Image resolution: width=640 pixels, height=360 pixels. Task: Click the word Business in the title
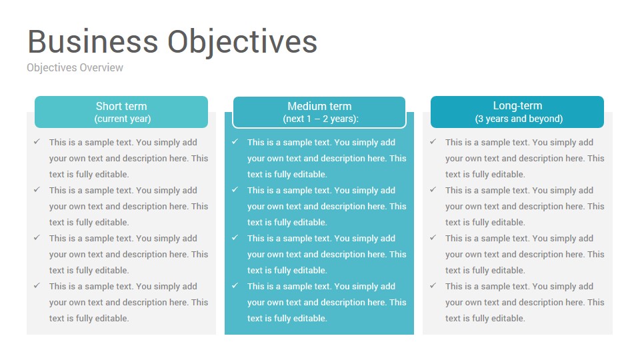pos(93,41)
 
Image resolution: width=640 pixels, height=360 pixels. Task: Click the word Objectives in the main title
pos(243,43)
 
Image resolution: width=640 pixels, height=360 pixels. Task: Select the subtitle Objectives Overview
pos(75,68)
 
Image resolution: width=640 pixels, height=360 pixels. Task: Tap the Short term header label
pos(121,106)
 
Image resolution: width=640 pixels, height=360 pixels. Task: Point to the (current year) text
pos(123,119)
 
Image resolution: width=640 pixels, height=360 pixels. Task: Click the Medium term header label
pos(319,106)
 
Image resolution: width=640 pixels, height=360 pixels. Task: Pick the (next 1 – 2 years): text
pos(321,119)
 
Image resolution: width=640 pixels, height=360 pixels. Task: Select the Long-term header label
pos(517,106)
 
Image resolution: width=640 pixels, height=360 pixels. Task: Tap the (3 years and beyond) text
pos(519,119)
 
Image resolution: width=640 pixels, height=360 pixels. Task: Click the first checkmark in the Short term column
pos(37,141)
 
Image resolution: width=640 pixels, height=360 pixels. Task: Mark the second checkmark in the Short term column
pos(37,190)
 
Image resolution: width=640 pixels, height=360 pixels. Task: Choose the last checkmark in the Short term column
pos(37,286)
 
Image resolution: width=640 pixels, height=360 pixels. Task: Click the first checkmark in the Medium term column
pos(235,141)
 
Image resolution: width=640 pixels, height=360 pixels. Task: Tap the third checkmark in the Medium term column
pos(235,237)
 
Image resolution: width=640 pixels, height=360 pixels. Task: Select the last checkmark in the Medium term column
pos(235,286)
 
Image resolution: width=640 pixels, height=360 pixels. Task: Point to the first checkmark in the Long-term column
pos(433,141)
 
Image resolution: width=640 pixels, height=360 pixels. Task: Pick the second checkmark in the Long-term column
pos(433,190)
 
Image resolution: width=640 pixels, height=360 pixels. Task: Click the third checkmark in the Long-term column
pos(433,237)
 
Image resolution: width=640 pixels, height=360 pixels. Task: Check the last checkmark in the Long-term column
pos(433,286)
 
